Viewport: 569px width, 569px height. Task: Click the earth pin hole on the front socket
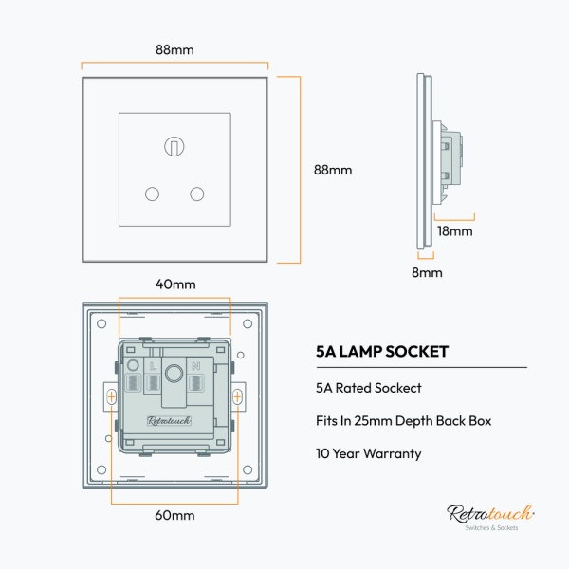[174, 146]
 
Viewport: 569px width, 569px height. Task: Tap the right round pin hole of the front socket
[197, 193]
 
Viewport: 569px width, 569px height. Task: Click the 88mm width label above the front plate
[174, 49]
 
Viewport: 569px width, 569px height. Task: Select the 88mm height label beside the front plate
[333, 170]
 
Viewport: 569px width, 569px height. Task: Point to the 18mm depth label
[454, 230]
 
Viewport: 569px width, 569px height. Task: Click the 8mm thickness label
[428, 272]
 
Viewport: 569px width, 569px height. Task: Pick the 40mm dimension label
[175, 284]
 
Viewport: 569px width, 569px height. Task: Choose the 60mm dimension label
[174, 515]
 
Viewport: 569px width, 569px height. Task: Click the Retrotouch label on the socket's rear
[169, 420]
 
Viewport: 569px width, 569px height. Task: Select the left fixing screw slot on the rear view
[112, 395]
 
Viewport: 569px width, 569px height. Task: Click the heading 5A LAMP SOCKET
[382, 351]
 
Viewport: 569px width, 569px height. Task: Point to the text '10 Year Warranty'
[368, 453]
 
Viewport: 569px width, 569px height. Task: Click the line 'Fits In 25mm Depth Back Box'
[403, 420]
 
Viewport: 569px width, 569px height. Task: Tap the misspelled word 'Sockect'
[398, 388]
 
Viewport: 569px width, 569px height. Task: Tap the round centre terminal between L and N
[174, 372]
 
